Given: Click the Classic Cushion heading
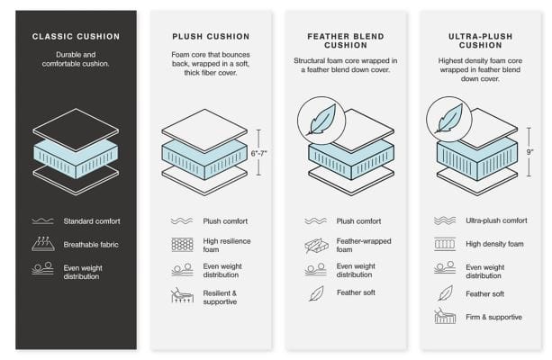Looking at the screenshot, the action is click(x=76, y=37).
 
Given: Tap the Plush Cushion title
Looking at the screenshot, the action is click(x=211, y=37).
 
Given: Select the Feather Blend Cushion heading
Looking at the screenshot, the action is click(x=346, y=40).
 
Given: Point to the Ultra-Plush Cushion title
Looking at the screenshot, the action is click(x=480, y=40).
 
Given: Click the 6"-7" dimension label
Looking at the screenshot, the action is click(x=258, y=153).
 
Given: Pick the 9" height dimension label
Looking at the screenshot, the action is click(x=529, y=152).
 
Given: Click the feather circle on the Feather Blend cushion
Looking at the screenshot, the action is click(x=321, y=121).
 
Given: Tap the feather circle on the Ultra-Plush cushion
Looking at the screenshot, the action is click(x=448, y=120).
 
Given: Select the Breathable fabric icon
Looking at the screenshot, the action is click(x=43, y=244).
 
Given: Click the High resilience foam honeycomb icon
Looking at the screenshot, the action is click(x=183, y=245).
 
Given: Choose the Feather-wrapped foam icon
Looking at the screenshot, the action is click(x=316, y=246).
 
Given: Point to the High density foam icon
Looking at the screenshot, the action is click(x=445, y=244).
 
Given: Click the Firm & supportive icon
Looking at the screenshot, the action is click(x=445, y=317).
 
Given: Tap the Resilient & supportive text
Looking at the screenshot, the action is click(x=220, y=297).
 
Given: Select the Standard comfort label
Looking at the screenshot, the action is click(x=92, y=221).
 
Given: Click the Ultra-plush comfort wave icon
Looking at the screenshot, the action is click(x=445, y=220).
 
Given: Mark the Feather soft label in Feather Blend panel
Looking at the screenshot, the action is click(x=356, y=292).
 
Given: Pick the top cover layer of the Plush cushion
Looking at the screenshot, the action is click(x=204, y=130).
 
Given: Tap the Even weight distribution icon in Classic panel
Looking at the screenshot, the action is click(x=42, y=268).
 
